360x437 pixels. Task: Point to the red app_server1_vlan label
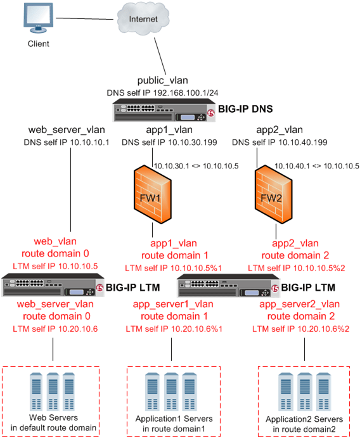click(170, 305)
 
